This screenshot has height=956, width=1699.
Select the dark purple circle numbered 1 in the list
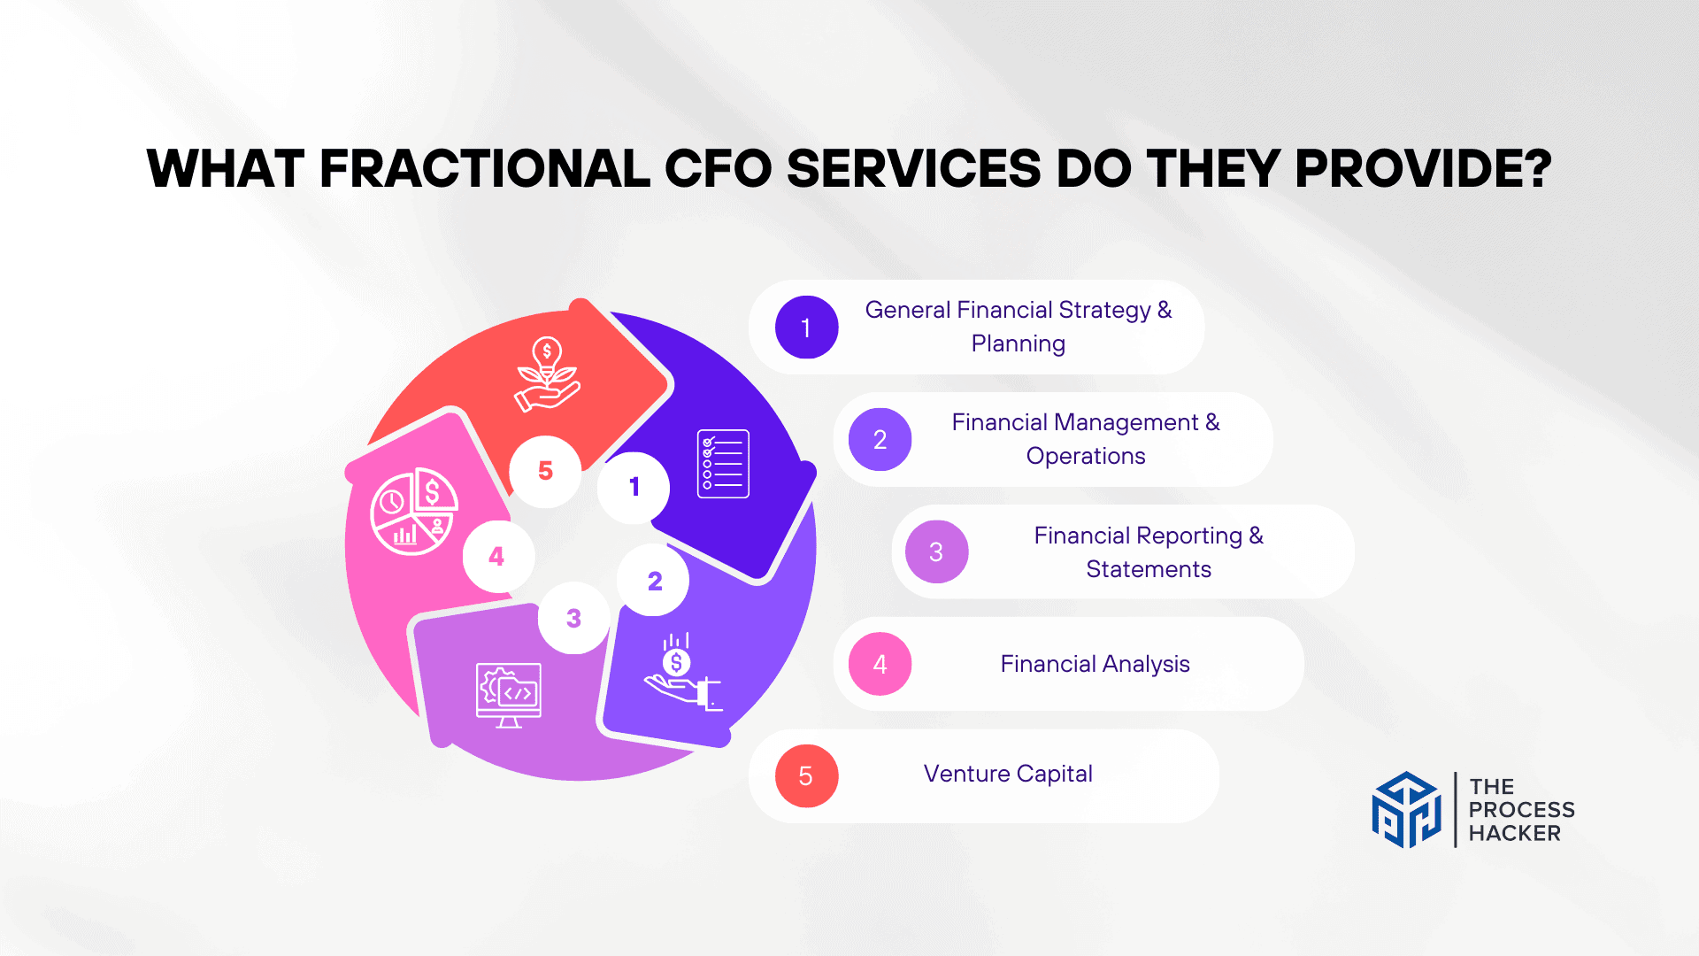click(x=806, y=328)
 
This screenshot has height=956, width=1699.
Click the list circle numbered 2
click(x=880, y=440)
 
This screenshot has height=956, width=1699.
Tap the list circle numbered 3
click(x=936, y=552)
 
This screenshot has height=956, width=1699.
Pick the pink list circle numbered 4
click(x=880, y=664)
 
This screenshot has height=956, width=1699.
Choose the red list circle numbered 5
click(x=806, y=776)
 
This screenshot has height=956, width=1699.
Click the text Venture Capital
click(x=1008, y=774)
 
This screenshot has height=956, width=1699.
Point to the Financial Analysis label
click(x=1095, y=664)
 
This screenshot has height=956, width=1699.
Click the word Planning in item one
click(x=1018, y=343)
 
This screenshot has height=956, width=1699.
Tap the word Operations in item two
click(x=1086, y=456)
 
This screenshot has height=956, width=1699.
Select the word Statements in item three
click(x=1149, y=569)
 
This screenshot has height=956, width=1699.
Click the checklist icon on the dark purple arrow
click(x=723, y=464)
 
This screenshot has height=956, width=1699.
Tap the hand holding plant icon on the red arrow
click(x=547, y=375)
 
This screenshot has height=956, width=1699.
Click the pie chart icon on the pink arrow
click(x=413, y=512)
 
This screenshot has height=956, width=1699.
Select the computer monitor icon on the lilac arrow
click(x=509, y=695)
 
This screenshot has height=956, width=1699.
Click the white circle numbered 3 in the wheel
click(x=573, y=618)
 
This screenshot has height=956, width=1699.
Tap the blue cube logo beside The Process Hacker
click(x=1406, y=810)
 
